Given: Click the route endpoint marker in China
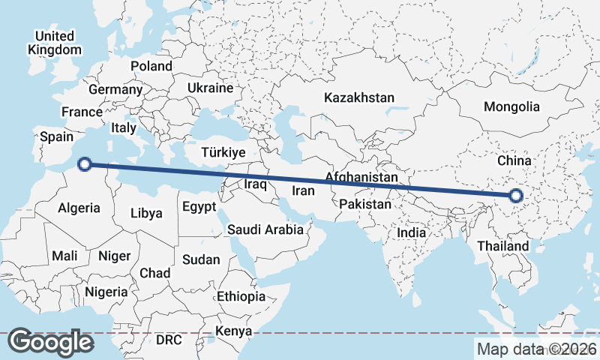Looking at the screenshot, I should (515, 196).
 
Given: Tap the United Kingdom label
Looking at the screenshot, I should (54, 43).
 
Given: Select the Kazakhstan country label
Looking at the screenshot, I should (358, 97).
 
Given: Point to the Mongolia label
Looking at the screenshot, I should (511, 106).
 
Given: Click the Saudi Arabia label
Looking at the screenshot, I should (265, 229).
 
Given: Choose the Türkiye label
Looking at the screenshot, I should (223, 152).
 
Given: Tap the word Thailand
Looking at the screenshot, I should (502, 246).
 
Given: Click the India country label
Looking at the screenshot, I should (411, 232).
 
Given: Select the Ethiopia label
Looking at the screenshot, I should (241, 296).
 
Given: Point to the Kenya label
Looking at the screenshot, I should (233, 331).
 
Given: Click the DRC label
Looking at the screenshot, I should (169, 340).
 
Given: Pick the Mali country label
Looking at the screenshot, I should (64, 256).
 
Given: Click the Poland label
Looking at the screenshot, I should (151, 66).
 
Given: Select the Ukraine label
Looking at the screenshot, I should (211, 88).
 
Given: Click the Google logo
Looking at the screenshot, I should (51, 342).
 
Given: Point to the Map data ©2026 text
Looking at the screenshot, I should (536, 349).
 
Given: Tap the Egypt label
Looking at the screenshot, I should (199, 206).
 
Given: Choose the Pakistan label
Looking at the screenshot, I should (364, 204).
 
